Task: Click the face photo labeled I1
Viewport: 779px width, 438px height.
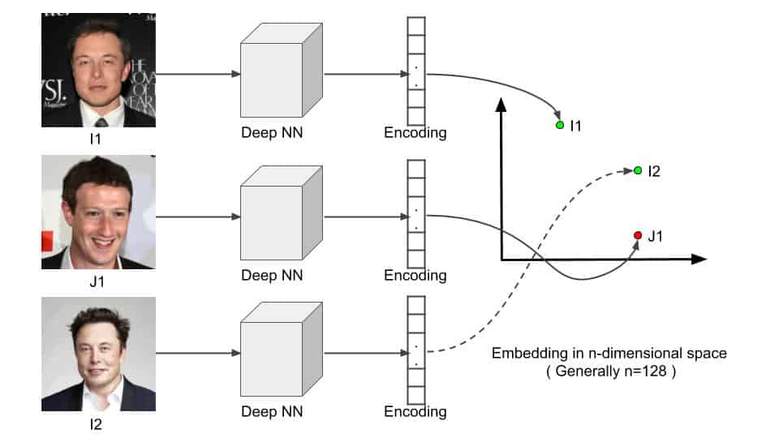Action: [98, 70]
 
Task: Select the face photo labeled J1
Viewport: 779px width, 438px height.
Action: [98, 212]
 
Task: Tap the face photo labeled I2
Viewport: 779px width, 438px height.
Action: [98, 354]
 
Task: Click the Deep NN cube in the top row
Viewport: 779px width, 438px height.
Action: [281, 75]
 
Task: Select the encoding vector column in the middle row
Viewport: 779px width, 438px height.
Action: [415, 213]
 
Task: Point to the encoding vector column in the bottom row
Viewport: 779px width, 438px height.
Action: [415, 350]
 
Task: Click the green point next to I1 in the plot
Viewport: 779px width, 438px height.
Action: [560, 126]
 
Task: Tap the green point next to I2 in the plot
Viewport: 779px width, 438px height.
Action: [638, 170]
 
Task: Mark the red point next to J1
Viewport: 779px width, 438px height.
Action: [638, 235]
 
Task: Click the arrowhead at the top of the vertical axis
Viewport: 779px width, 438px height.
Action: [501, 104]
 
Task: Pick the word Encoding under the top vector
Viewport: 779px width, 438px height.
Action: [415, 133]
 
